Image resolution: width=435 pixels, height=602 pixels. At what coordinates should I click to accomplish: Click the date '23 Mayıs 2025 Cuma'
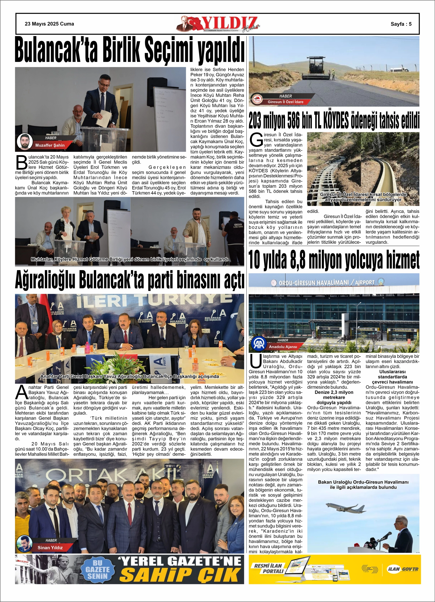click(x=49, y=24)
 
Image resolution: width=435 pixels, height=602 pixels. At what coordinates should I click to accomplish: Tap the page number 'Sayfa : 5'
click(x=401, y=24)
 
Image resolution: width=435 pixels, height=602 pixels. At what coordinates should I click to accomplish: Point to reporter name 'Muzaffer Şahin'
click(x=50, y=145)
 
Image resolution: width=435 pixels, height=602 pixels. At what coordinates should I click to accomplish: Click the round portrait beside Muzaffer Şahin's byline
click(x=24, y=141)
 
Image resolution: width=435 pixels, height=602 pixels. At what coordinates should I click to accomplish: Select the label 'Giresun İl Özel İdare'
click(x=285, y=102)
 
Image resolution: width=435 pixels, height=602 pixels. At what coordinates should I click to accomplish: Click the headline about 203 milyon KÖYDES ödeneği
click(x=334, y=120)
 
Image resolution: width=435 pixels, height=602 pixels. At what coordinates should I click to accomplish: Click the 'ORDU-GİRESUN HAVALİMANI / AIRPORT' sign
click(x=326, y=283)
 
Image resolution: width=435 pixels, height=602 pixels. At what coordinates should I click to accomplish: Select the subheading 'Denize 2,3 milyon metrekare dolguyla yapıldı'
click(x=334, y=397)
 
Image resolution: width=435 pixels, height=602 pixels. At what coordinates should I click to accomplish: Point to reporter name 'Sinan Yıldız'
click(x=50, y=547)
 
